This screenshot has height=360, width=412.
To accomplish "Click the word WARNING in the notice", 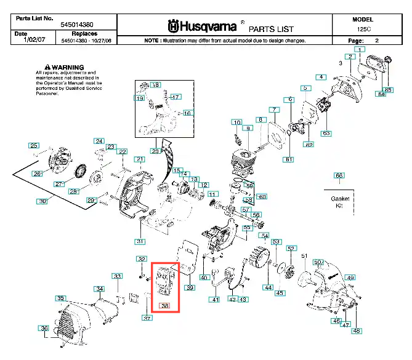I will click(67, 66).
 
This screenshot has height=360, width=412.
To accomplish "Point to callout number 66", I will click(339, 175).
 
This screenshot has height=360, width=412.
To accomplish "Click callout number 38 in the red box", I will click(164, 305).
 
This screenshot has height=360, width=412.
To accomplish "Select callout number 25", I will click(33, 145).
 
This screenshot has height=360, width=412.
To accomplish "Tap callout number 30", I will click(42, 201).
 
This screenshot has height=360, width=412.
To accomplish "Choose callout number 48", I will click(357, 331).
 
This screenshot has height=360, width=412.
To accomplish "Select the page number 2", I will click(377, 40).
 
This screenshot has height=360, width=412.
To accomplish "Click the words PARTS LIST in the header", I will click(271, 29).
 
